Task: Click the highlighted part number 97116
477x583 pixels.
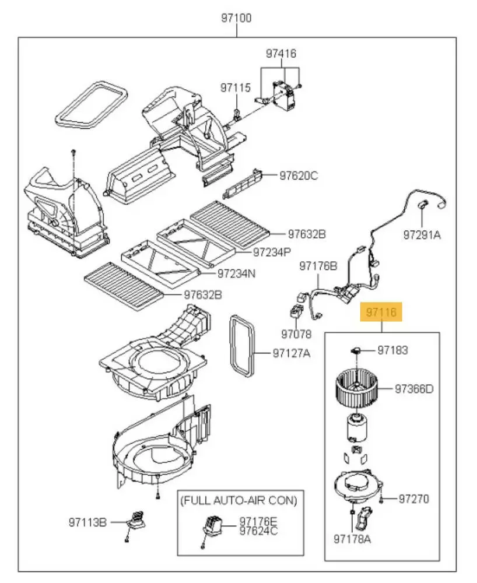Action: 381,311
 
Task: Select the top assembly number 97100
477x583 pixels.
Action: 236,18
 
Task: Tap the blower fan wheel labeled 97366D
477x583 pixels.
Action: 356,388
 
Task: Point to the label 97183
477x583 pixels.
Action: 392,350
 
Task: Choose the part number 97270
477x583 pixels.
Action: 414,498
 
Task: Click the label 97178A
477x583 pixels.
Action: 352,539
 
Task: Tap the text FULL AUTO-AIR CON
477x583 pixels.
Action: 239,501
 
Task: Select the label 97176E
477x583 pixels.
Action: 258,522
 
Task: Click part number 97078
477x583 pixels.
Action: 296,334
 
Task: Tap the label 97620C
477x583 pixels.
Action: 299,175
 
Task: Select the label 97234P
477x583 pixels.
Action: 272,252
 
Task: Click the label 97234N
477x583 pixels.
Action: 236,273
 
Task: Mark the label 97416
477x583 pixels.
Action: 281,54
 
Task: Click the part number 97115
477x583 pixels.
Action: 236,88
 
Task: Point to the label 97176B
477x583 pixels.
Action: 318,266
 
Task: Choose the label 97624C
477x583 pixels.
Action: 258,531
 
